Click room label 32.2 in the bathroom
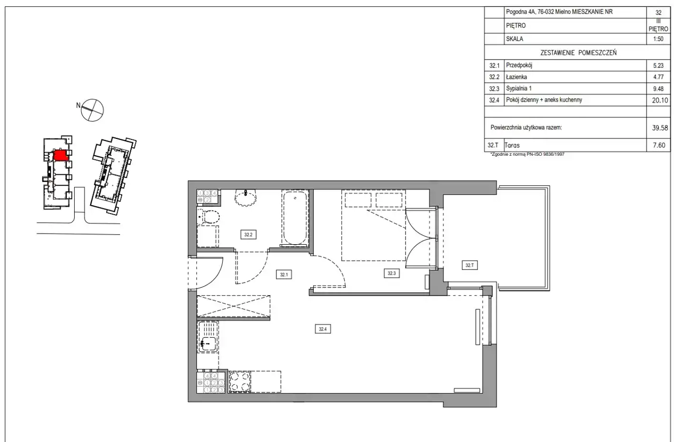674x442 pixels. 248,235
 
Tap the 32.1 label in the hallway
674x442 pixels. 284,275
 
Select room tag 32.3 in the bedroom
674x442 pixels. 391,273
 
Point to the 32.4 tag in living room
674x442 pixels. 323,329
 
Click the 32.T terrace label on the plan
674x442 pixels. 469,265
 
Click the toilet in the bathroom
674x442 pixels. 209,216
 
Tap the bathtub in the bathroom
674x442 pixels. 295,217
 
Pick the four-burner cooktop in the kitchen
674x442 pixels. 240,381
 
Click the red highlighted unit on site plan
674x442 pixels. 61,155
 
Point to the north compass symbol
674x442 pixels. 92,110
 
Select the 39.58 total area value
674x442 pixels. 660,128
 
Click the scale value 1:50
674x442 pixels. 658,39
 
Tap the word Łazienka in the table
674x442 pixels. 517,77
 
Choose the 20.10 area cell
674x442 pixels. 660,100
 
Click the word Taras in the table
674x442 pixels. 512,145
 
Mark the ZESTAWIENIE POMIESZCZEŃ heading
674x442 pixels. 578,53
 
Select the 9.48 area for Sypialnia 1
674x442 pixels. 658,89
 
